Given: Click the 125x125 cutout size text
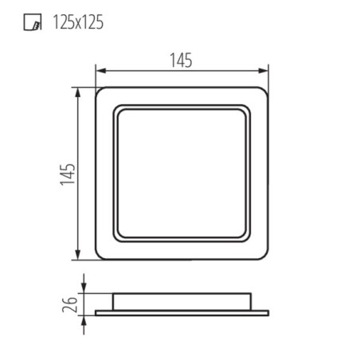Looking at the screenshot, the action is tap(78, 22).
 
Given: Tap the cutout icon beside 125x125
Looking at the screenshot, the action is tap(33, 22).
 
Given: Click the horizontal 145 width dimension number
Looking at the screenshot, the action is tap(181, 61).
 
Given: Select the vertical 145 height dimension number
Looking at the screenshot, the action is tap(68, 174).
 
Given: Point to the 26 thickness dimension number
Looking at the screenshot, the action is tap(69, 304).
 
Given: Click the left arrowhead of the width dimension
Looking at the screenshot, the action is tap(101, 71).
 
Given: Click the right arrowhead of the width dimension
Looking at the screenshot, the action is tap(264, 71).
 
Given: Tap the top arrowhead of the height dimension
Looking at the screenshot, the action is tap(77, 92).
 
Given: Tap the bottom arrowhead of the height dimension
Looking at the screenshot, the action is tap(77, 254).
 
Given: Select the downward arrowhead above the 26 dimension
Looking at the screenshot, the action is tap(84, 288).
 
